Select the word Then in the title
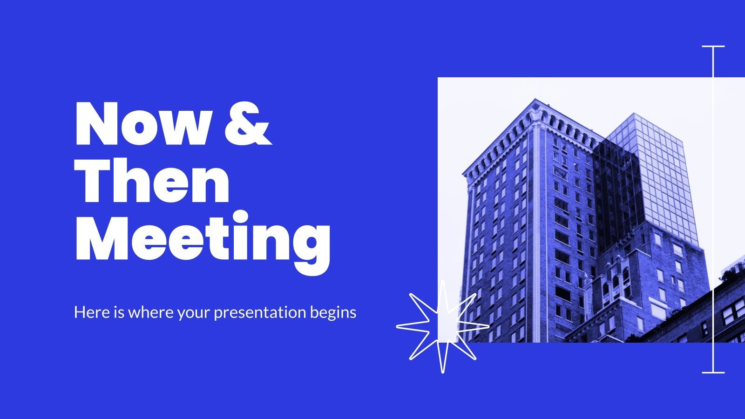152,182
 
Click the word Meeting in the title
203,240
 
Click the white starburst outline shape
442,326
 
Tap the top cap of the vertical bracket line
713,47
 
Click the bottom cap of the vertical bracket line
713,372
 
